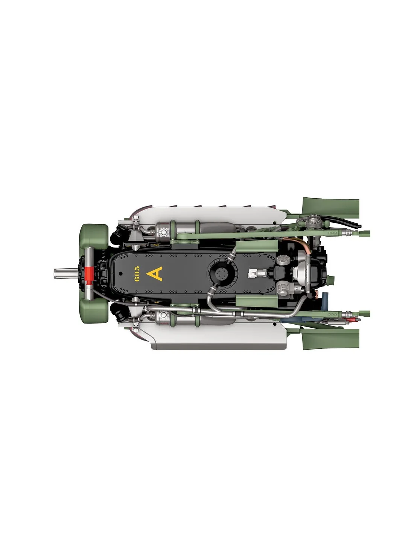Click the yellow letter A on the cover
[x=154, y=274]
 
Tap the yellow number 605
[x=137, y=274]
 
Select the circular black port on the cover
[x=221, y=273]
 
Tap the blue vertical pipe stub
[x=325, y=301]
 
